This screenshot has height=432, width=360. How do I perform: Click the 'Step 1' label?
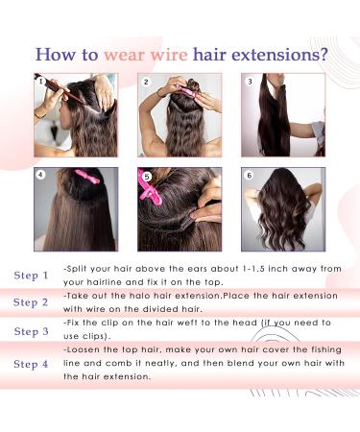(31, 276)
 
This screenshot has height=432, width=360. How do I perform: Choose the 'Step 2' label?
(31, 302)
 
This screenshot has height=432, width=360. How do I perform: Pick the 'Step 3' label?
(31, 331)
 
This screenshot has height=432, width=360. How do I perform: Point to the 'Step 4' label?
(31, 364)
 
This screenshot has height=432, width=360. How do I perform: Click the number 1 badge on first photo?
(39, 81)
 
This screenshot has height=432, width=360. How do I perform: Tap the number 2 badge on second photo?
(146, 83)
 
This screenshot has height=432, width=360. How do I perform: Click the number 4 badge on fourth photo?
(40, 176)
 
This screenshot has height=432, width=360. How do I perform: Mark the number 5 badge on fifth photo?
(146, 176)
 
